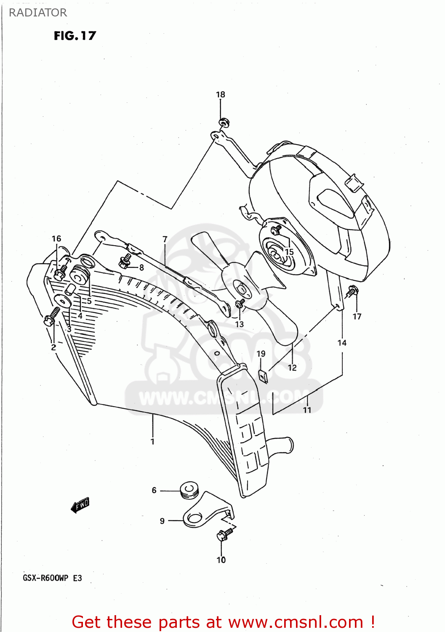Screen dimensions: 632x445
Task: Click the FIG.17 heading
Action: coord(75,36)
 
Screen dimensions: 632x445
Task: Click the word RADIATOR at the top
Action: coord(37,13)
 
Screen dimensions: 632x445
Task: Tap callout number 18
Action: coord(221,95)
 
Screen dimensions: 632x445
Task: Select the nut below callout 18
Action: coord(223,123)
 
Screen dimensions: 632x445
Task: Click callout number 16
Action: coord(56,239)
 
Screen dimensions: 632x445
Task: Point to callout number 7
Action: coord(165,239)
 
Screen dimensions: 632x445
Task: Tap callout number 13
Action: coord(240,324)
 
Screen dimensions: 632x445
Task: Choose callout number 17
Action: coord(357,316)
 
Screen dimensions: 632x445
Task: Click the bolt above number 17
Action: coord(353,290)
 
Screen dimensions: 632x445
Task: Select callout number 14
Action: coord(342,343)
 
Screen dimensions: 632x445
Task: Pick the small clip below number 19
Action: coord(263,376)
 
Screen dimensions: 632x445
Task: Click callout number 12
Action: coord(292,368)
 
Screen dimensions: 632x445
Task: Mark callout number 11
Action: coord(307,410)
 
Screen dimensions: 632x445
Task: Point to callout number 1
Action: coord(152,442)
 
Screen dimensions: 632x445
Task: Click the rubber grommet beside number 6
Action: coord(189,490)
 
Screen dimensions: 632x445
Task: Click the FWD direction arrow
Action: coord(80,505)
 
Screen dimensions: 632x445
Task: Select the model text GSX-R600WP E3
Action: coord(52,578)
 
